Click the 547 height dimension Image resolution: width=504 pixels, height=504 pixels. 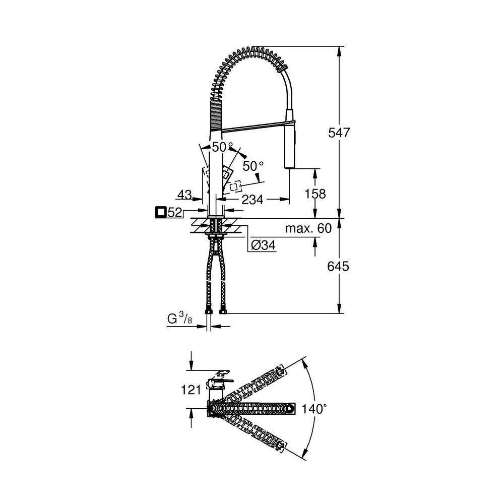[339, 133]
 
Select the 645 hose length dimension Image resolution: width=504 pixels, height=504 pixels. [338, 266]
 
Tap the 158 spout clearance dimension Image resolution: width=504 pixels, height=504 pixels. [316, 194]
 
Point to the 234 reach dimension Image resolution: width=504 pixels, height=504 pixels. [253, 200]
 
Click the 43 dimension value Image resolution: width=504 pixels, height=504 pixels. [185, 195]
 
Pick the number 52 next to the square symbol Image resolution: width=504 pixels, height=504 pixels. [175, 213]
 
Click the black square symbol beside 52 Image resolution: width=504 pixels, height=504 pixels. [160, 213]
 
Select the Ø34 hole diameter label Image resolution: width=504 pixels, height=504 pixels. [263, 245]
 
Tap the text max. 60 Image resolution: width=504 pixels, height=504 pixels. [308, 228]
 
